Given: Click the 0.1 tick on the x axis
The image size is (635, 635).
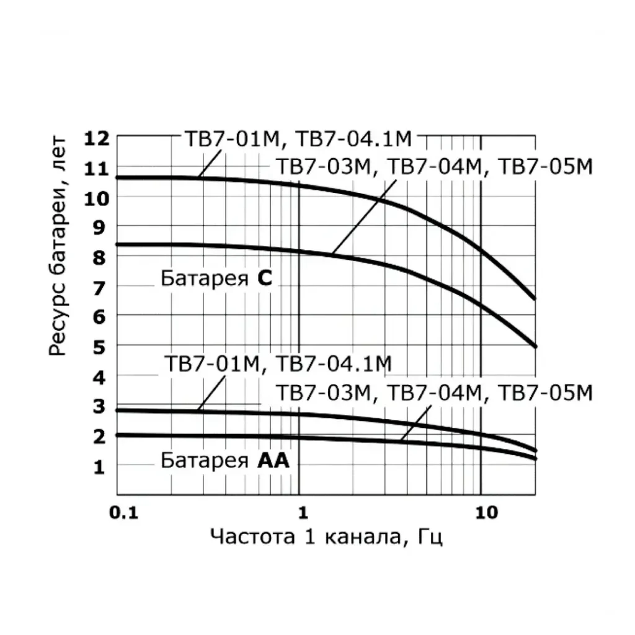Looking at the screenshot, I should [122, 512].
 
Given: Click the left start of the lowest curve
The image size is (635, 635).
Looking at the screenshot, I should [118, 435].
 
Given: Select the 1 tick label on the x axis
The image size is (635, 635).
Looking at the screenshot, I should [303, 512].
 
